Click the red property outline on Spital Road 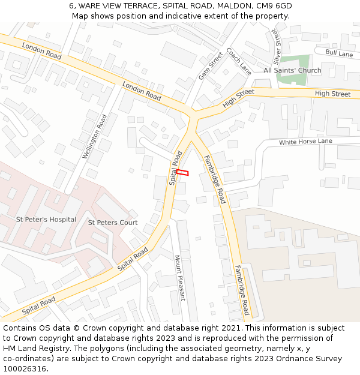182,173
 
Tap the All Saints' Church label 292,70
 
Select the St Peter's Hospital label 46,220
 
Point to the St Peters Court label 113,223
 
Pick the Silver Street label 277,46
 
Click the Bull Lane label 339,53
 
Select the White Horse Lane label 305,142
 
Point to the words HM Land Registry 34,348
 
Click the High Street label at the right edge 332,94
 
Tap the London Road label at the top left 41,50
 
